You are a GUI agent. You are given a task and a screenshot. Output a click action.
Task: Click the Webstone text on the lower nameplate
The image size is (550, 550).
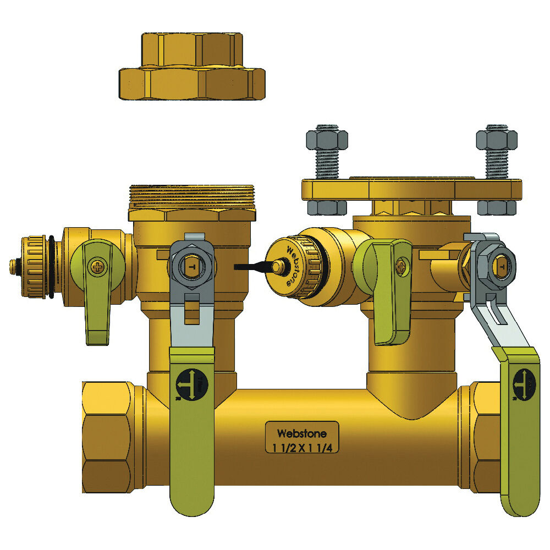tap(302, 433)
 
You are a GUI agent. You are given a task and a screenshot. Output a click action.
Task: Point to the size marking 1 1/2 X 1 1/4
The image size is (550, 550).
tap(302, 447)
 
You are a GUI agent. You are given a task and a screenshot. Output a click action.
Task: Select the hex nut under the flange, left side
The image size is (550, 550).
tap(327, 207)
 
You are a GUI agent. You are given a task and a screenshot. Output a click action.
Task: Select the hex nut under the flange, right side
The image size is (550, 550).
tap(497, 207)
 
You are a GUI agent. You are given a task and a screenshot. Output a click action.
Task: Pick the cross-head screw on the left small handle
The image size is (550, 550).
tap(98, 268)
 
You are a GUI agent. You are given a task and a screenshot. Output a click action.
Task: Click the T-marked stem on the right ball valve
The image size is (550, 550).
tap(501, 268)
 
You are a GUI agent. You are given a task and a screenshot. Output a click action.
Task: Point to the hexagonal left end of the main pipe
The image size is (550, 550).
tap(108, 435)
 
